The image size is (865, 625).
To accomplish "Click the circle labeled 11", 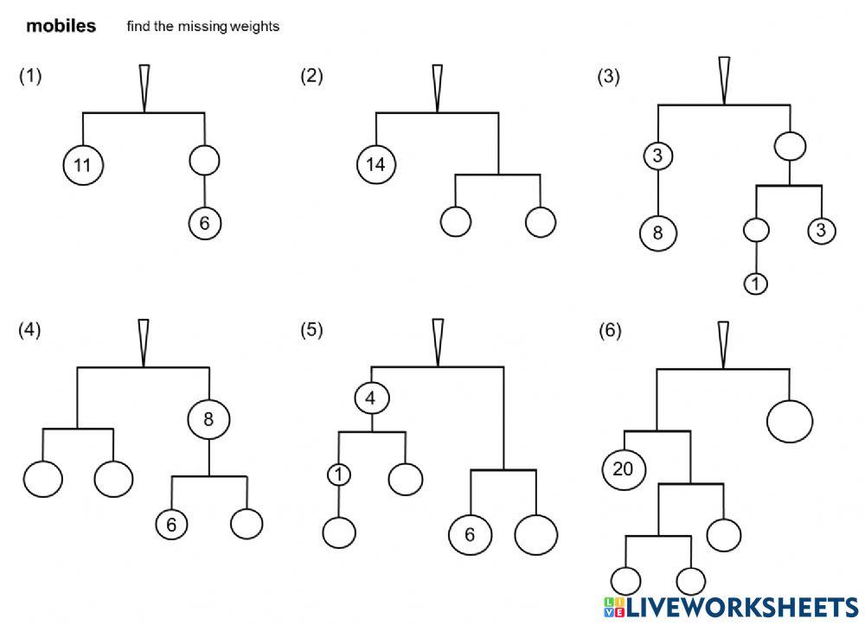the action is [x=83, y=165].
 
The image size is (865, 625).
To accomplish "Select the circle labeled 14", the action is [x=376, y=163].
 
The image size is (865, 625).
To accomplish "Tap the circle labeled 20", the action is [x=624, y=469].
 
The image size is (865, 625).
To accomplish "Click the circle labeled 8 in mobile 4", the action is [x=208, y=419].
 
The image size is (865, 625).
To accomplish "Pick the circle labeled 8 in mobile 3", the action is [x=658, y=233].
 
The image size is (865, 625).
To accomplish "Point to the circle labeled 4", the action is [x=371, y=398].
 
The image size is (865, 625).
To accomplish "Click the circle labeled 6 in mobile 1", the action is [x=205, y=223].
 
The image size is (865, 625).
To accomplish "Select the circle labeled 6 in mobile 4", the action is [x=171, y=524].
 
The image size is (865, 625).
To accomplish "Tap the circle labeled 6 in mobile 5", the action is [x=470, y=534].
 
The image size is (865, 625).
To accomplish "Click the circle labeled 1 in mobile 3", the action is [x=756, y=284].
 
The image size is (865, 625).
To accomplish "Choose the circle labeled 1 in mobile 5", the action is [x=339, y=475].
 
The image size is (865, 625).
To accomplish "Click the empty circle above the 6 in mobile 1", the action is [x=205, y=161].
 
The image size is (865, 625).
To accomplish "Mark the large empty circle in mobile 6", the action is [x=790, y=421].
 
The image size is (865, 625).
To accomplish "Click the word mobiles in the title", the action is [x=61, y=25].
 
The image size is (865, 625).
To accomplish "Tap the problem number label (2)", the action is [x=311, y=75].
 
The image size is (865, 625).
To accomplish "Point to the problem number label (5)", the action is [x=311, y=329].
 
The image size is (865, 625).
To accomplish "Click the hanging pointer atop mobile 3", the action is [x=724, y=80].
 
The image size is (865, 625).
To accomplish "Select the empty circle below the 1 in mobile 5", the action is [x=339, y=533].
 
